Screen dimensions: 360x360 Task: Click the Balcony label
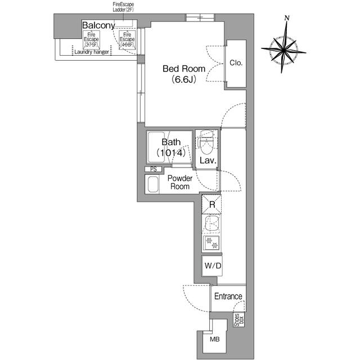click(98, 25)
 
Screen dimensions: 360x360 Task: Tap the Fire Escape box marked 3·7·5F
click(91, 41)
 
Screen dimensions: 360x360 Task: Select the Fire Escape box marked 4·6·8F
click(127, 41)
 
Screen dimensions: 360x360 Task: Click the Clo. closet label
click(236, 63)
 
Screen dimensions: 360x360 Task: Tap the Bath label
click(171, 142)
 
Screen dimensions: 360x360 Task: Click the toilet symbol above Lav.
click(206, 145)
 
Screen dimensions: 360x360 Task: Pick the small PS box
click(154, 169)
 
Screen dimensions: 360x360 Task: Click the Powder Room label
click(181, 182)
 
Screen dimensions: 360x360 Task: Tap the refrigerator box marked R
click(212, 204)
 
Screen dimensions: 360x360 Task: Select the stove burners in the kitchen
click(212, 244)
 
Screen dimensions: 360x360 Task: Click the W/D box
click(212, 265)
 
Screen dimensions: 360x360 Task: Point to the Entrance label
click(228, 296)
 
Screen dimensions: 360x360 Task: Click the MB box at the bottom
click(214, 340)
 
